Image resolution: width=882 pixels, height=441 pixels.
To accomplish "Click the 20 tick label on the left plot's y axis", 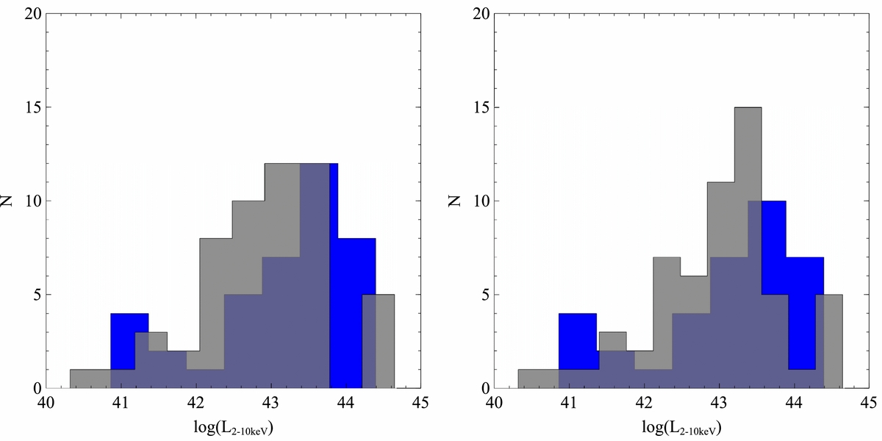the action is point(32,14).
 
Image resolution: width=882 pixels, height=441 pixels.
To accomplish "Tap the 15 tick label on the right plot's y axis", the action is point(481,107).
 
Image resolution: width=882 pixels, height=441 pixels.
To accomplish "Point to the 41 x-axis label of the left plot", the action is point(121,403).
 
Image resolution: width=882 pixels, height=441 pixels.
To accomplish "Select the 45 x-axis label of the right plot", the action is point(869,403).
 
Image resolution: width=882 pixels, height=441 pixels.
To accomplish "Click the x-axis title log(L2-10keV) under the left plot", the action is point(233,428).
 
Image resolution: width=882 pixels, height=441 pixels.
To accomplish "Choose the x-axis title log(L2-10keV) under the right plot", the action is point(681,428).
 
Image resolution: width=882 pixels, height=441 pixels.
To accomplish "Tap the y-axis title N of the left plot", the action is point(7,201).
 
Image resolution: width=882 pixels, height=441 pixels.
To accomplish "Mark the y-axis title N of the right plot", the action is point(455,201).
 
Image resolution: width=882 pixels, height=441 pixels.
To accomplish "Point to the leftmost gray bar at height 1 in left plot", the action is point(90,379).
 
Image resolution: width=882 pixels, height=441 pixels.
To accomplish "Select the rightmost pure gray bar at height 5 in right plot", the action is point(833,341).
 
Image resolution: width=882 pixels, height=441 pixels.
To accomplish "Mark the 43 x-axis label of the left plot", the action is point(270,403).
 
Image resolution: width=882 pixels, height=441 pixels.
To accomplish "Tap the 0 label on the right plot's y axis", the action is point(485,389).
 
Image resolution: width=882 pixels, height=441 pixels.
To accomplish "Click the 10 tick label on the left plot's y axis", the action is point(32,201).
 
